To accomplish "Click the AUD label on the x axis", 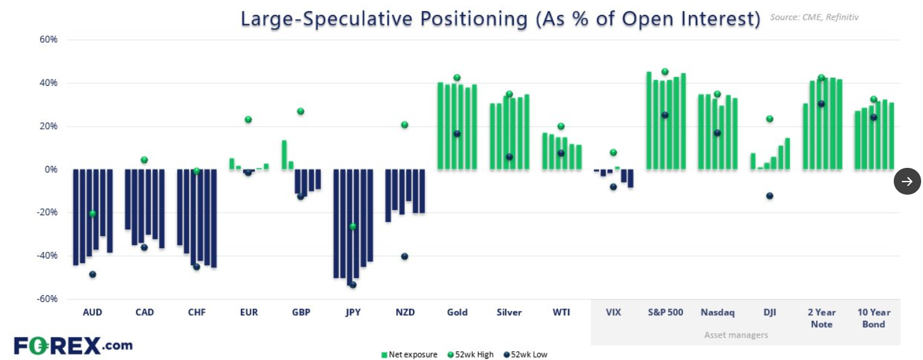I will pos(92,312).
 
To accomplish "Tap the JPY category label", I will pos(353,312).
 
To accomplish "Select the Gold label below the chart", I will pos(457,312).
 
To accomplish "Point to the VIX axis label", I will pos(613,312).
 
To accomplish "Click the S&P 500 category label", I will pos(665,312).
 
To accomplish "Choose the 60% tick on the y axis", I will pos(49,39).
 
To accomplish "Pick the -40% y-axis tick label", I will pos(47,256).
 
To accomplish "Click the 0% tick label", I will pos(52,169).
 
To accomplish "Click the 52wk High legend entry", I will pos(470,354).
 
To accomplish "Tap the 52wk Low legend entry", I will pos(526,354).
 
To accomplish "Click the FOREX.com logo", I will pos(73,345).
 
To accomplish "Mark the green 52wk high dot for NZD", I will pos(404,125).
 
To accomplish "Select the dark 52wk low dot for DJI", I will pos(769,196).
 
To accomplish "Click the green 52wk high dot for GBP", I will pos(300,111).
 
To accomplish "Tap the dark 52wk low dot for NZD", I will pos(404,256).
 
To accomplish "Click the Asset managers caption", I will pos(736,335).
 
